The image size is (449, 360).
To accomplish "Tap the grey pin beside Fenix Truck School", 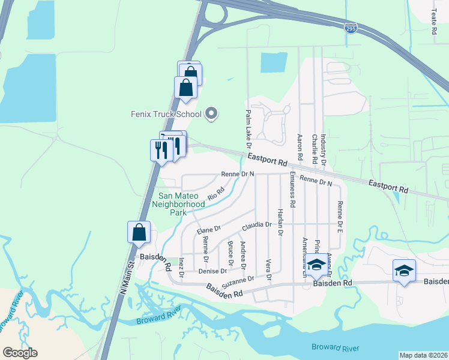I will pos(211,113).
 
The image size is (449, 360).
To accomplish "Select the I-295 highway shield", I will pos(352,28).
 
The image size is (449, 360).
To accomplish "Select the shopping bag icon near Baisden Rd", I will pos(139,232).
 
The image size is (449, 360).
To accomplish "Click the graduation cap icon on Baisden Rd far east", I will pos(405,270).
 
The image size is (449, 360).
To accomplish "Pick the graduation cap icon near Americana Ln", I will pos(316,264).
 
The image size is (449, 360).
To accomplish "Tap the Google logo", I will pos(20,353).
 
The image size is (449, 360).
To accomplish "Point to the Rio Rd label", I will pos(215,194).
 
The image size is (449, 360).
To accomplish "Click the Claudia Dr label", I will pos(257,226).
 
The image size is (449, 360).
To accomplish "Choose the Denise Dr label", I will pos(212,271).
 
